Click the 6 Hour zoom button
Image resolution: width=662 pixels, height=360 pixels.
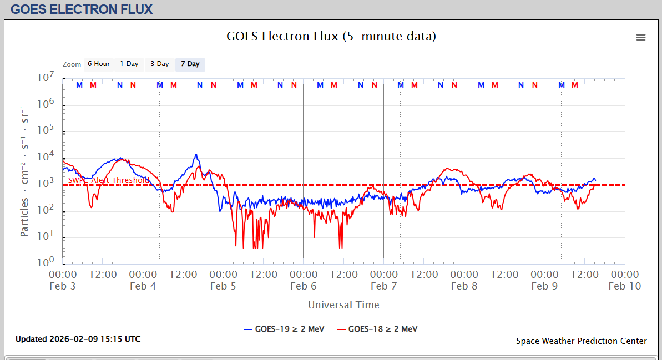[x=98, y=64]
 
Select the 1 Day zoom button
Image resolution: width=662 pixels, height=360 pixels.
[x=129, y=64]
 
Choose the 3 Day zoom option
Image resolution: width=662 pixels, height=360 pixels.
[x=160, y=64]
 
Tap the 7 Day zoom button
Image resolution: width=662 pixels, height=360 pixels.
[x=190, y=64]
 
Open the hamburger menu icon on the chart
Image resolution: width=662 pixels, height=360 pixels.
[x=641, y=37]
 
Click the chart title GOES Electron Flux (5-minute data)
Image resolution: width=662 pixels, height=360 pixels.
[x=331, y=37]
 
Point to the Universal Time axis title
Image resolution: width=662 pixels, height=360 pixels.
[x=343, y=305]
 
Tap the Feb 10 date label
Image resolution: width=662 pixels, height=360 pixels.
[x=624, y=286]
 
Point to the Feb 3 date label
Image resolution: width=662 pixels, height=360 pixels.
[x=63, y=286]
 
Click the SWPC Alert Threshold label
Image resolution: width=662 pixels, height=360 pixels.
[x=109, y=180]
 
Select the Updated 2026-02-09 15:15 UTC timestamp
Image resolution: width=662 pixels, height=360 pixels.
[x=78, y=339]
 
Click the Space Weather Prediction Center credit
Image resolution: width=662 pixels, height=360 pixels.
[x=581, y=341]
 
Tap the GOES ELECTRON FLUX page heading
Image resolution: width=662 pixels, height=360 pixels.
[x=82, y=9]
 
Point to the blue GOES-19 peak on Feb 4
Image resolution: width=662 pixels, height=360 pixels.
[x=196, y=155]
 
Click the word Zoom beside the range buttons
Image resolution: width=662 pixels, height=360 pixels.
[x=72, y=64]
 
